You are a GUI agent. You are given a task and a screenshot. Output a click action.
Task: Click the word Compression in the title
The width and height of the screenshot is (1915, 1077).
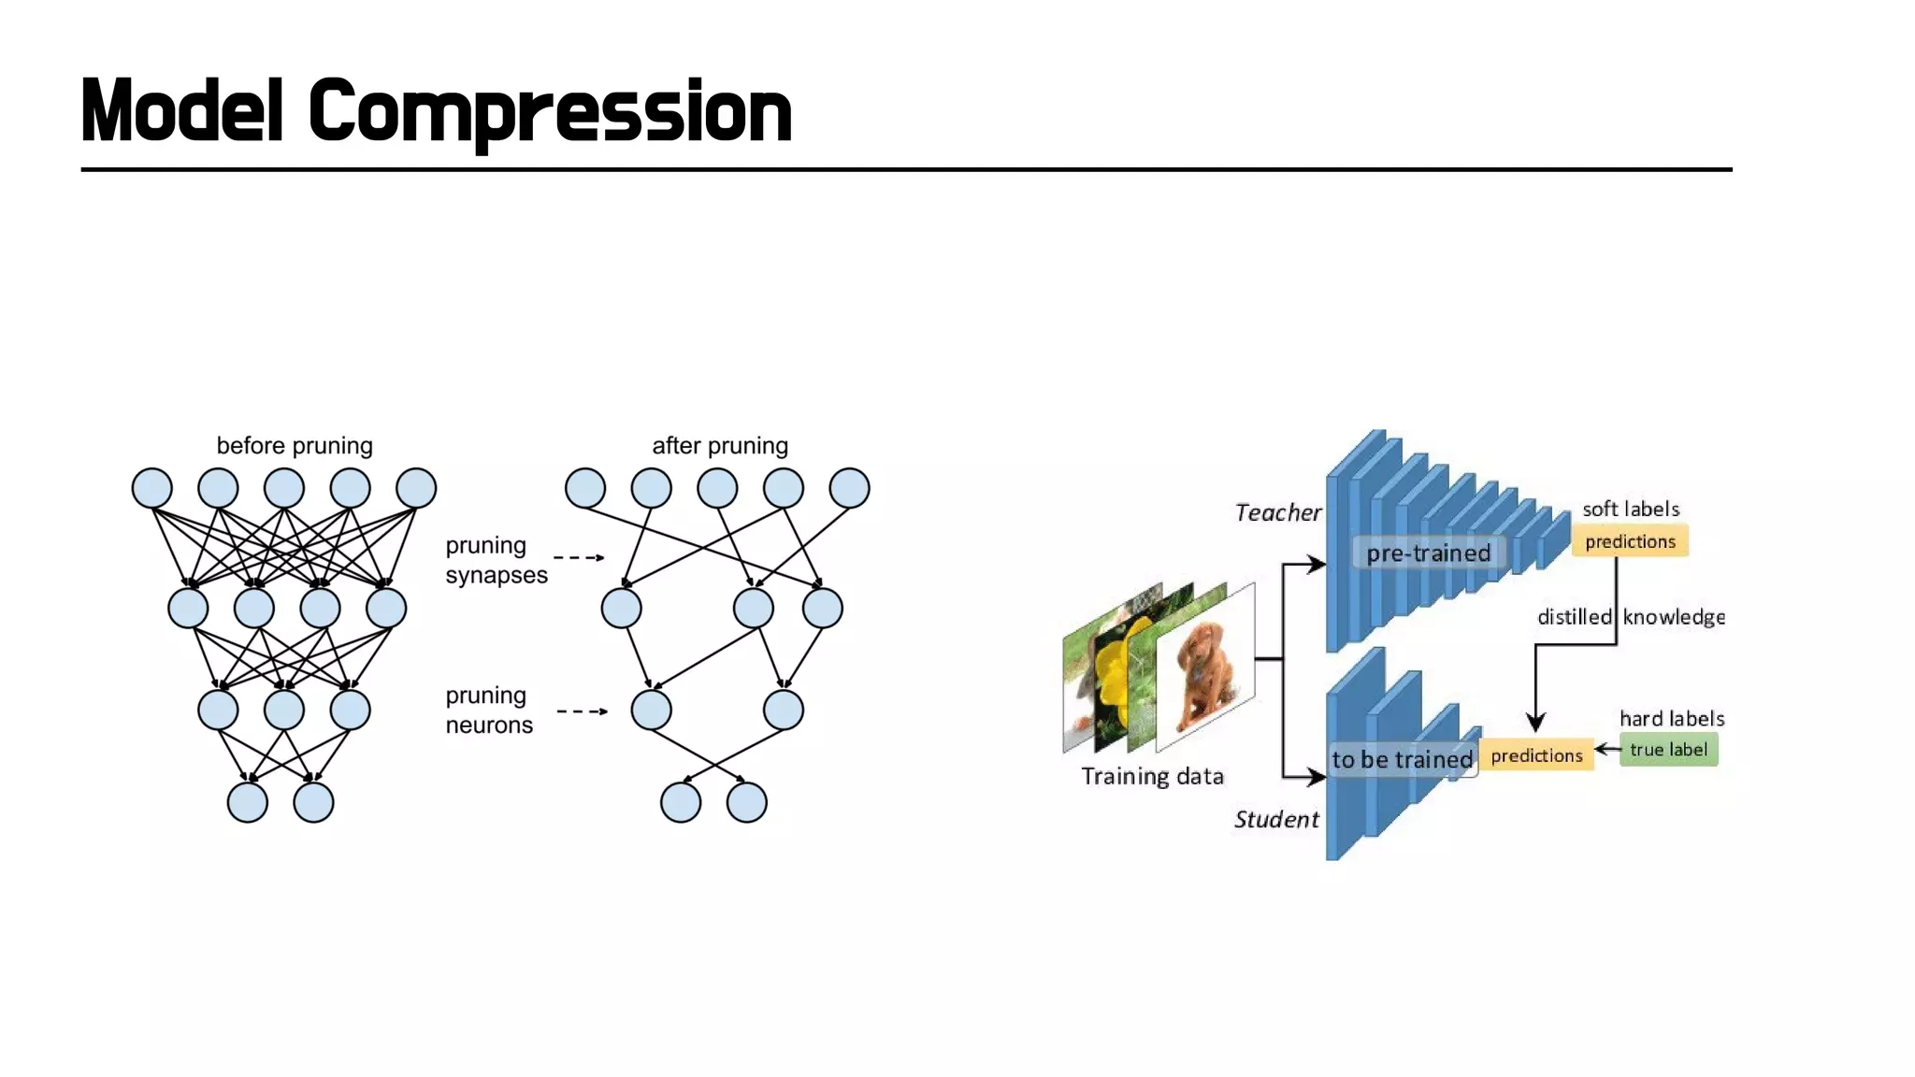(x=550, y=112)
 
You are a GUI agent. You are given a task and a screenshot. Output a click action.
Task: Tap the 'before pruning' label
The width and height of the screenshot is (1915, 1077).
(x=295, y=445)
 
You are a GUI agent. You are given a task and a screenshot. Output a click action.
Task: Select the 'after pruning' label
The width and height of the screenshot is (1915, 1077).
(x=720, y=445)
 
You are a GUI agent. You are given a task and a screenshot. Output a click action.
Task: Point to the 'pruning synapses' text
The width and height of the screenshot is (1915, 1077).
(x=496, y=559)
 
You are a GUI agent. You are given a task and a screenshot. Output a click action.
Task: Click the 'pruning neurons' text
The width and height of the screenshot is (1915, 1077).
(x=488, y=710)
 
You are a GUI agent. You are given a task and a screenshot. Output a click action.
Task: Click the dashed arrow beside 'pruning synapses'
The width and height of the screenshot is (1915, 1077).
(x=579, y=557)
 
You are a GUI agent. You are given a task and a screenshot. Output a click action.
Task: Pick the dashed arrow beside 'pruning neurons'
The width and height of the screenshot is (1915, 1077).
(x=582, y=711)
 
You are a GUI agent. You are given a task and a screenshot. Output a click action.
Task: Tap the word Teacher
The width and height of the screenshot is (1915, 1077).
(x=1277, y=512)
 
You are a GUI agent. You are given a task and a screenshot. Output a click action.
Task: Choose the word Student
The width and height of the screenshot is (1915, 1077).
(x=1276, y=820)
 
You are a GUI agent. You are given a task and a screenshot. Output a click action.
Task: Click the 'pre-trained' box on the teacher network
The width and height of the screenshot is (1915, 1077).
(x=1428, y=553)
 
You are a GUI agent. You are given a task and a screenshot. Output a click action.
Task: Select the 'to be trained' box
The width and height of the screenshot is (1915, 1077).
(x=1402, y=759)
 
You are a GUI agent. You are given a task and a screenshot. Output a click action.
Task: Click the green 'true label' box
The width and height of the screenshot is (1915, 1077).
(x=1668, y=750)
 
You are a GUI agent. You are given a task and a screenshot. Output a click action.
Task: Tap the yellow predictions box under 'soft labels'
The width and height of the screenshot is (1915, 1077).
(x=1630, y=541)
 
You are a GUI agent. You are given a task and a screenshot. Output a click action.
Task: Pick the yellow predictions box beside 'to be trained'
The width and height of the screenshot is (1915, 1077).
(x=1536, y=755)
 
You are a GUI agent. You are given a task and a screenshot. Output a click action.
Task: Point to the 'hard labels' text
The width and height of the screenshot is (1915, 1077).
(x=1672, y=718)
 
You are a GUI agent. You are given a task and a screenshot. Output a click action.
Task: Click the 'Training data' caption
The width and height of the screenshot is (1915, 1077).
(x=1152, y=776)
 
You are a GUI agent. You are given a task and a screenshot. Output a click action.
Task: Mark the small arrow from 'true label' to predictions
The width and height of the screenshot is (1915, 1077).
(x=1606, y=749)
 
